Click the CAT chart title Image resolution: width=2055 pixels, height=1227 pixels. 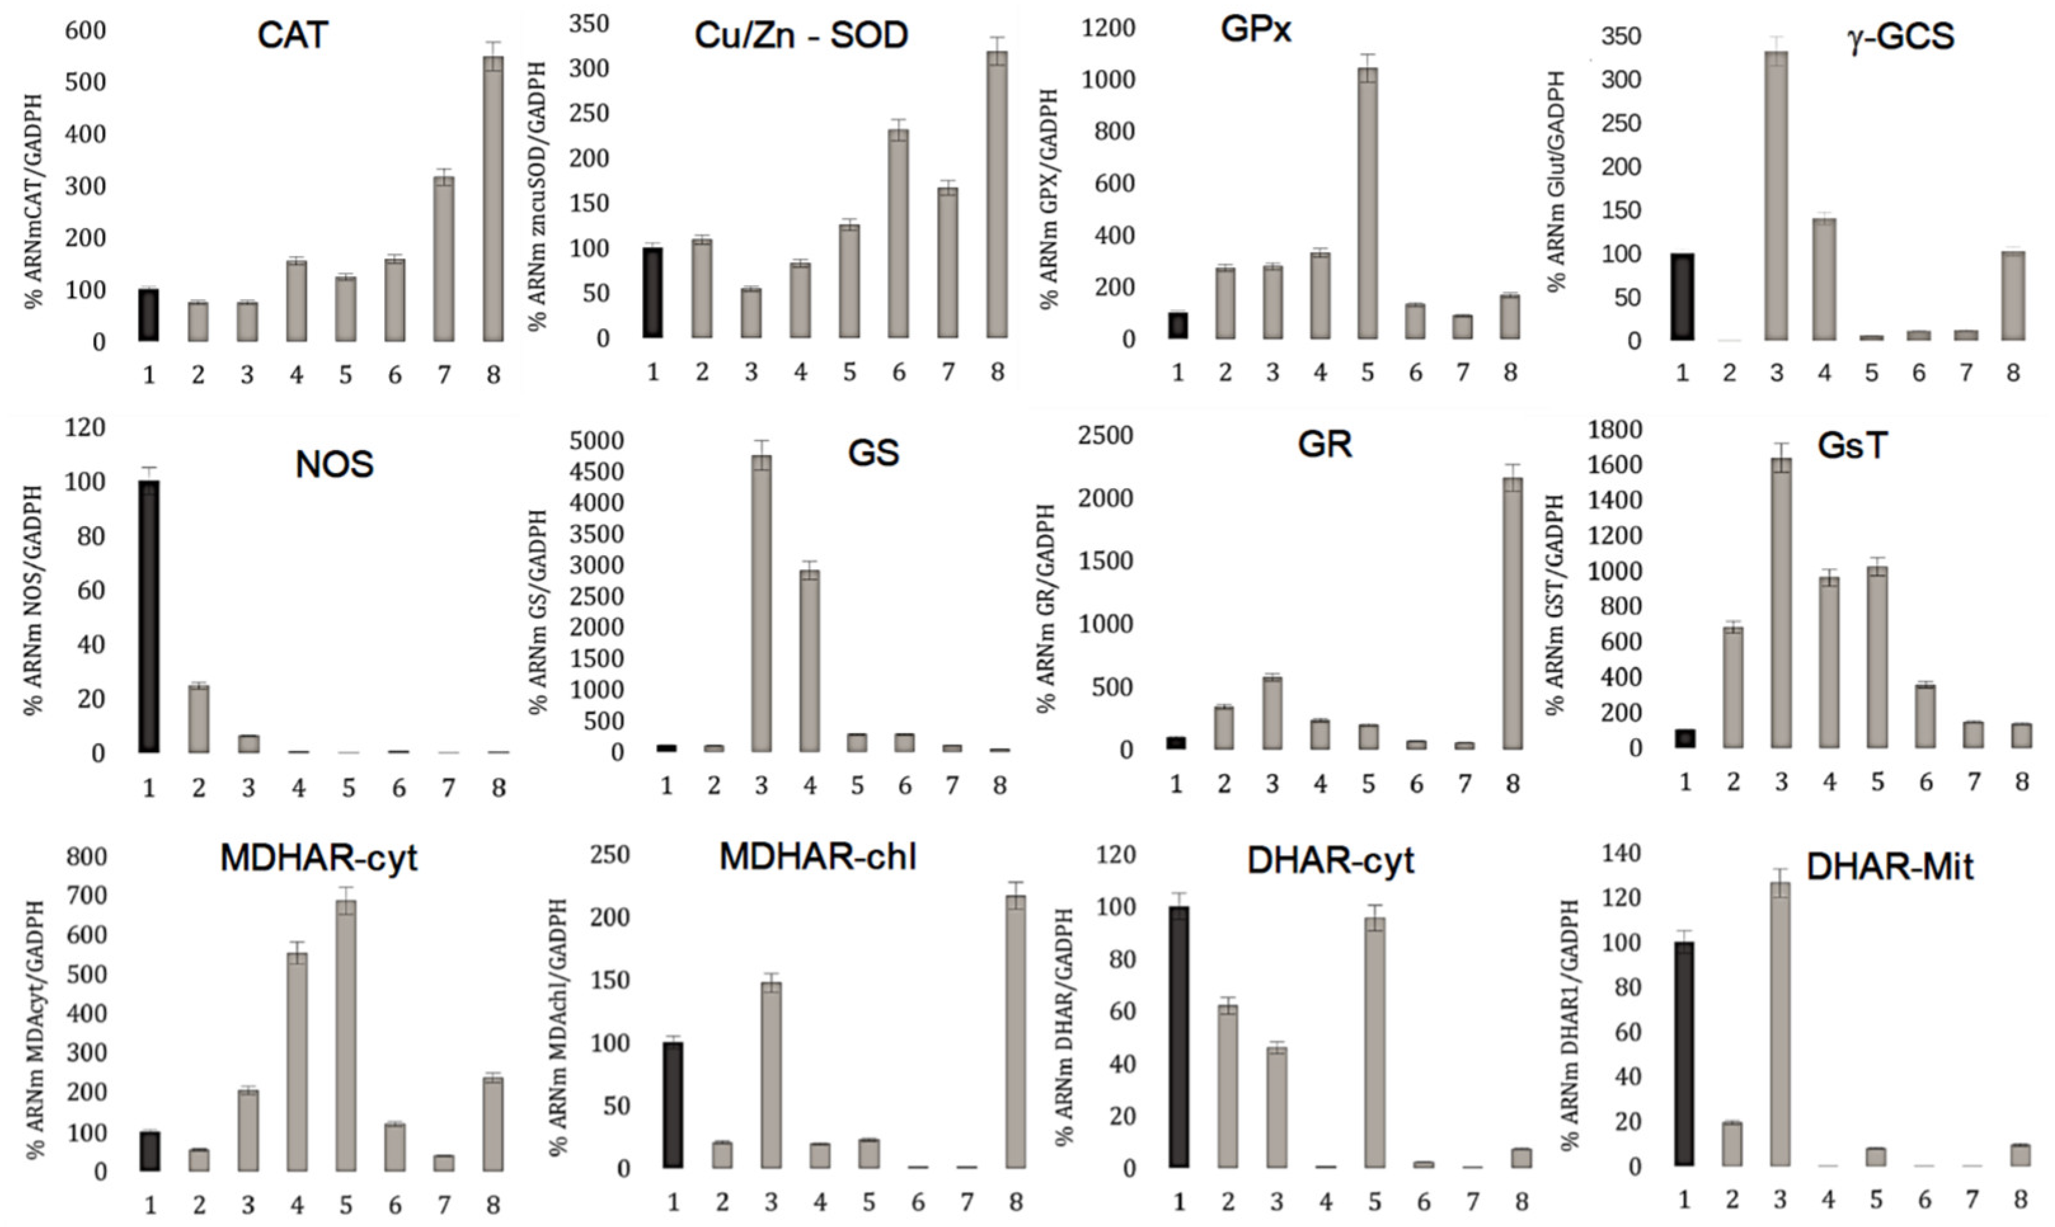click(x=292, y=35)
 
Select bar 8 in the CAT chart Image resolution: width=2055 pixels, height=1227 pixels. click(x=493, y=199)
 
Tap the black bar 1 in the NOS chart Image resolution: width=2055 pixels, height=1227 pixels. click(x=149, y=616)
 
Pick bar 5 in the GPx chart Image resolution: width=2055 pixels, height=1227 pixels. click(x=1368, y=202)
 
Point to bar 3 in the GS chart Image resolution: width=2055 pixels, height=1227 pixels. click(x=761, y=604)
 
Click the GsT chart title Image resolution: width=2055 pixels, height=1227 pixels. click(x=1852, y=446)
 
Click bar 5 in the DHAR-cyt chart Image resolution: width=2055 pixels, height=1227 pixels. click(x=1374, y=1042)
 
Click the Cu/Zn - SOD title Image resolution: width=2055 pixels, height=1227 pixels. click(x=801, y=35)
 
